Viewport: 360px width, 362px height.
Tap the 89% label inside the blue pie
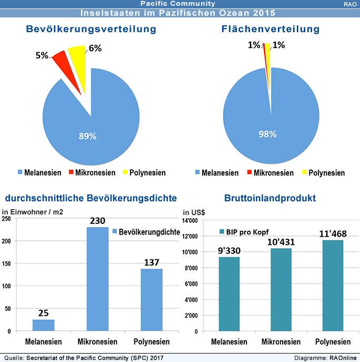pyautogui.click(x=87, y=136)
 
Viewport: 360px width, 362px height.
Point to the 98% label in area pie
pyautogui.click(x=267, y=134)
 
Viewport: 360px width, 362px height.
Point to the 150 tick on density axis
pyautogui.click(x=7, y=263)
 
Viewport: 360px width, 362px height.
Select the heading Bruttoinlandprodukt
pyautogui.click(x=269, y=199)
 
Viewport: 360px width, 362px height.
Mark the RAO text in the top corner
pyautogui.click(x=348, y=4)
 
